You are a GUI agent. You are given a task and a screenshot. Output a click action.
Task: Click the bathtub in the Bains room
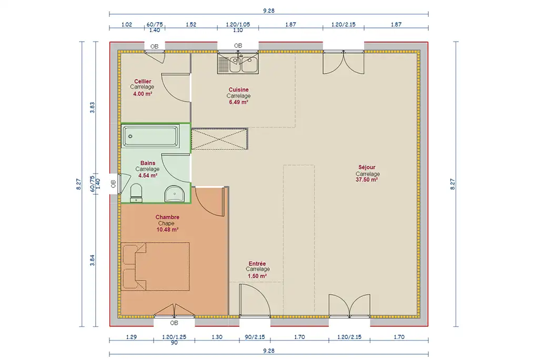pyautogui.click(x=150, y=136)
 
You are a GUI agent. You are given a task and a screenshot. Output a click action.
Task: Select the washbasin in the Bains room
pyautogui.click(x=174, y=194)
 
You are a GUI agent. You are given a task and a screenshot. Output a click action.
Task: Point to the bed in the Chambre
pyautogui.click(x=155, y=266)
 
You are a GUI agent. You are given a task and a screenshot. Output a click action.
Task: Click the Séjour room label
pyautogui.click(x=367, y=167)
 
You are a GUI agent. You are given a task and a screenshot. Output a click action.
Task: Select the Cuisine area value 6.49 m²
pyautogui.click(x=238, y=102)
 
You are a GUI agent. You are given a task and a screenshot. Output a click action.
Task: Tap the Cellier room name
pyautogui.click(x=143, y=81)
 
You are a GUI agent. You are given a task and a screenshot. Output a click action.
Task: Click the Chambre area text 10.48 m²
pyautogui.click(x=167, y=229)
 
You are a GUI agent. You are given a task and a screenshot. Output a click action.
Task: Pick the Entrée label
pyautogui.click(x=257, y=264)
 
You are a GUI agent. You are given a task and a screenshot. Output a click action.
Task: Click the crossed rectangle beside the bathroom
pyautogui.click(x=219, y=139)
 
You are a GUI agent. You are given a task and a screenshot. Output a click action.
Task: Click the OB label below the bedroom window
pyautogui.click(x=174, y=323)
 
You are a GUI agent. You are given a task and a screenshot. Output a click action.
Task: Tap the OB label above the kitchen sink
pyautogui.click(x=238, y=46)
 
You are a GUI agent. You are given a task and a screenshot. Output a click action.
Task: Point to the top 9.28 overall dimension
pyautogui.click(x=268, y=11)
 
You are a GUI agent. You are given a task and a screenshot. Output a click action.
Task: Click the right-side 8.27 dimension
pyautogui.click(x=452, y=184)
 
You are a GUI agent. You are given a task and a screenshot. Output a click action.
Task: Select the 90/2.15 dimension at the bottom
pyautogui.click(x=255, y=337)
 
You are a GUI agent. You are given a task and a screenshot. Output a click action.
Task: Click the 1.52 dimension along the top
pyautogui.click(x=191, y=25)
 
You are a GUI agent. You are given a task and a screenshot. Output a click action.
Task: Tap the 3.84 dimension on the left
pyautogui.click(x=92, y=260)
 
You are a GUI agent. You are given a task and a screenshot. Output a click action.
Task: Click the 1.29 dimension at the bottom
pyautogui.click(x=131, y=337)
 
